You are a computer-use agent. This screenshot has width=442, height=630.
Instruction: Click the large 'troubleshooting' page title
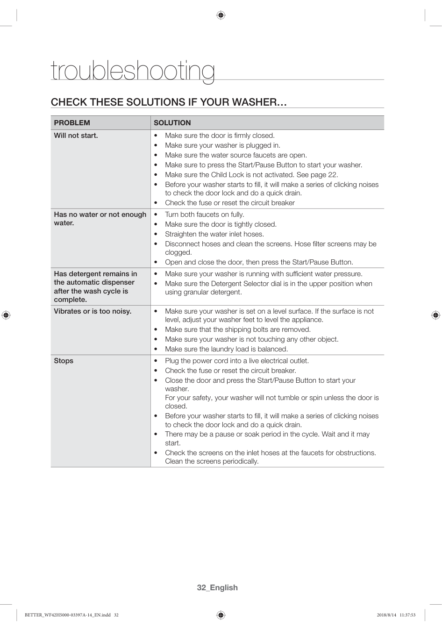133,71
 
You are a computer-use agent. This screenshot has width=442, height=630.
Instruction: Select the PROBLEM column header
72,123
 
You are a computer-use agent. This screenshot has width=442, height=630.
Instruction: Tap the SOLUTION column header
172,123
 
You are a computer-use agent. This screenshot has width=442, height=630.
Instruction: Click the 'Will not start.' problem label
76,136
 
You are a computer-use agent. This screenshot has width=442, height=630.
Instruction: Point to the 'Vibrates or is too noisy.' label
93,311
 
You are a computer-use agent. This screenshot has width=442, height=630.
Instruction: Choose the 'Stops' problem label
64,361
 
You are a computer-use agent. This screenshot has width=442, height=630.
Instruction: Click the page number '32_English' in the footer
217,587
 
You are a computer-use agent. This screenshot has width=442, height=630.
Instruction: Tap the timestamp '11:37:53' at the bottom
407,615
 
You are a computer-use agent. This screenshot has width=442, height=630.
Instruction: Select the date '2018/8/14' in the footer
386,615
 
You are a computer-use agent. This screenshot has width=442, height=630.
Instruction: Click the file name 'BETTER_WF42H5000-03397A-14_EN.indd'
67,615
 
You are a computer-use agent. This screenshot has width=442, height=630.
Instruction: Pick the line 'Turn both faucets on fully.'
204,215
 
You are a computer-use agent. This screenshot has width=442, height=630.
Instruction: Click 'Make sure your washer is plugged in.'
222,145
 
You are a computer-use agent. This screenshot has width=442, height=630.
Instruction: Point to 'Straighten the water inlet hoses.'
214,234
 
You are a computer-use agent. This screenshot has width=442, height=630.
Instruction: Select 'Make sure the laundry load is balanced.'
226,349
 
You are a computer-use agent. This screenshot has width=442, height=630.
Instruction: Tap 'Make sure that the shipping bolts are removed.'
237,329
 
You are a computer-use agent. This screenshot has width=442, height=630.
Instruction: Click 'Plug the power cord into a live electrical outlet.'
236,361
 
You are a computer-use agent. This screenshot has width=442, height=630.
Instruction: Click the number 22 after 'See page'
333,175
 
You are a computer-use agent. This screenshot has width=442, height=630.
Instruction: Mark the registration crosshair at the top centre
221,15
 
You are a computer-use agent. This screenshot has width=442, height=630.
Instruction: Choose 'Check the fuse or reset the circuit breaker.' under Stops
230,371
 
